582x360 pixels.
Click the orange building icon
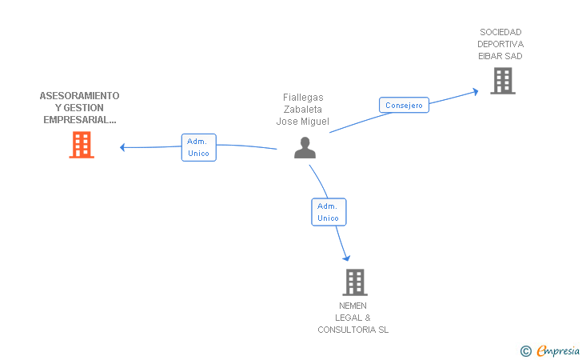tap(81, 145)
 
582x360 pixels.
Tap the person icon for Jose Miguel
tap(305, 148)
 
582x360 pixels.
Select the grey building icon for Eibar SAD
tap(502, 81)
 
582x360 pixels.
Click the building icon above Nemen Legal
tap(355, 282)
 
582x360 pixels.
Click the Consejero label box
tap(404, 105)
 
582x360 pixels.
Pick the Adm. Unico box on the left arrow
tap(198, 147)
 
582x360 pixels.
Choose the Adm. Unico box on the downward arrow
tap(329, 212)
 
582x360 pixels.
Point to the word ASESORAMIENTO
tap(79, 96)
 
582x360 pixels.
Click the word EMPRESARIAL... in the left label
tap(79, 120)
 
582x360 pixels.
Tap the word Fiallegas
tap(303, 98)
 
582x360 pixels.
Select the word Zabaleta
tap(303, 110)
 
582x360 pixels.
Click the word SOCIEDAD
tap(500, 32)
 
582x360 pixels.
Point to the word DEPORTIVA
tap(500, 44)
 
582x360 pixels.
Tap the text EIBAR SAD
tap(500, 56)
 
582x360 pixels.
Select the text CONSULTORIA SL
tap(353, 330)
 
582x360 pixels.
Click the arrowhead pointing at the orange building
tap(122, 146)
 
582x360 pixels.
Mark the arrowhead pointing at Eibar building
tap(475, 91)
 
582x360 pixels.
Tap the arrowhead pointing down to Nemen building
tap(347, 258)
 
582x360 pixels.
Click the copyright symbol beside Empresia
tap(525, 350)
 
